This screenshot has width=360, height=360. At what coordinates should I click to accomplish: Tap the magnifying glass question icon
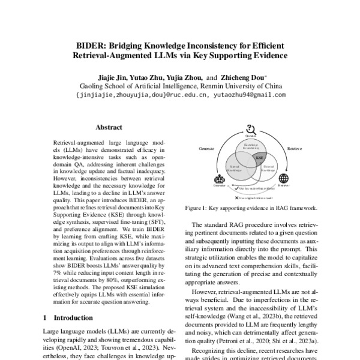click(251, 128)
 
